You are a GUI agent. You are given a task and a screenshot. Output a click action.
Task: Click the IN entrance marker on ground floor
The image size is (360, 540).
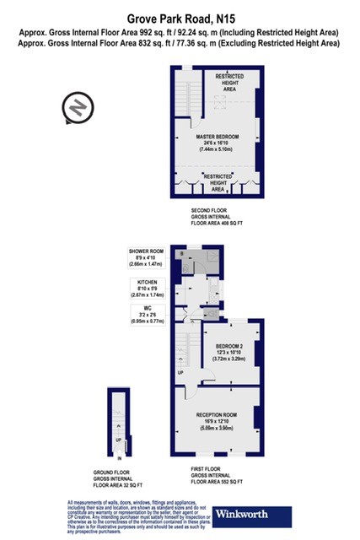click(120, 459)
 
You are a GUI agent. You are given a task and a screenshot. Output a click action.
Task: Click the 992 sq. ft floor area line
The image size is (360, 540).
click(179, 32)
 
